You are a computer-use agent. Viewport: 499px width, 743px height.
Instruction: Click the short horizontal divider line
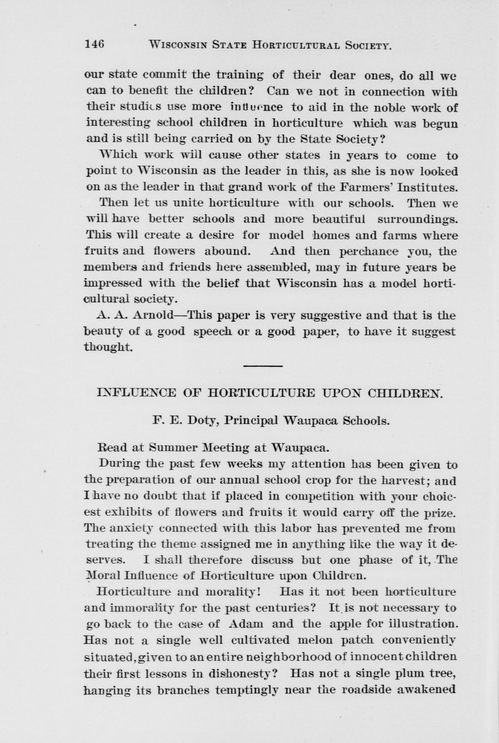point(263,366)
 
